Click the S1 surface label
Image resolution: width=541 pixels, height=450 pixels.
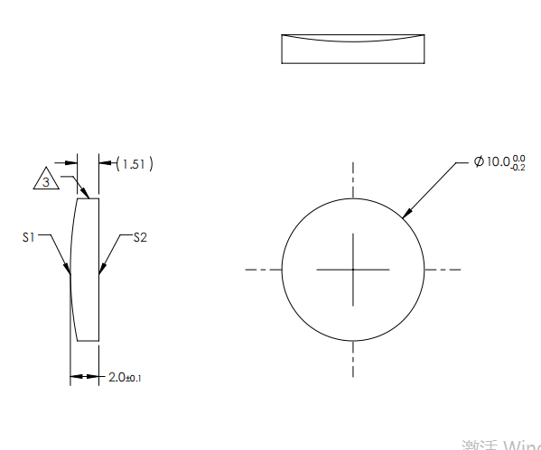pyautogui.click(x=28, y=237)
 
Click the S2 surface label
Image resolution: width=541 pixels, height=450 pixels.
pyautogui.click(x=140, y=237)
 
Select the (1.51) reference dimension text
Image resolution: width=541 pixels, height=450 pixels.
pyautogui.click(x=135, y=163)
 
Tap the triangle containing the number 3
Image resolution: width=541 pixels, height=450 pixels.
pyautogui.click(x=47, y=180)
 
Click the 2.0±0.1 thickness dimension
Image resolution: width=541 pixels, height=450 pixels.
pyautogui.click(x=125, y=376)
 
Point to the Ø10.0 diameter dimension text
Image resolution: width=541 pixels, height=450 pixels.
pyautogui.click(x=499, y=162)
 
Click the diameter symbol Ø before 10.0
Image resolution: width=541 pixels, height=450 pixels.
pyautogui.click(x=479, y=161)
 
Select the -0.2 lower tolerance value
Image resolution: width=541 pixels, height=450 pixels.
pyautogui.click(x=518, y=168)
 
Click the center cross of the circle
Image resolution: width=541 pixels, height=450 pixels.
pyautogui.click(x=353, y=269)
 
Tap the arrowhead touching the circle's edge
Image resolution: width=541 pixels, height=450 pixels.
pyautogui.click(x=406, y=214)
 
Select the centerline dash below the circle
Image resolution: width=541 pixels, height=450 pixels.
pyautogui.click(x=353, y=361)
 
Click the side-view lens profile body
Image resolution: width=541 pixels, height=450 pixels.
pyautogui.click(x=86, y=271)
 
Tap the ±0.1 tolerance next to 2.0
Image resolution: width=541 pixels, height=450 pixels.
pyautogui.click(x=134, y=378)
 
